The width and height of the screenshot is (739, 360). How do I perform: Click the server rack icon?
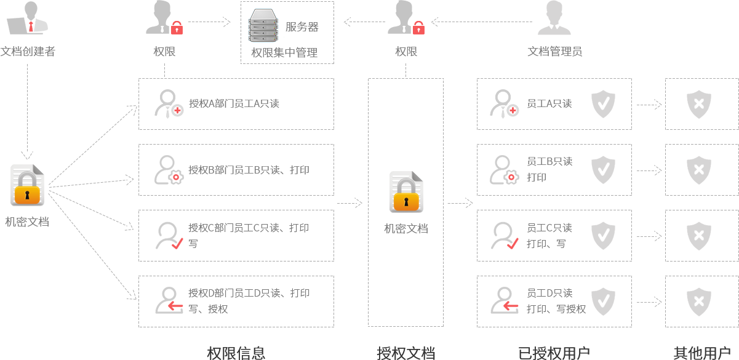[x=266, y=25]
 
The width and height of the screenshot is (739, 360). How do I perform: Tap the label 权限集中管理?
[x=284, y=52]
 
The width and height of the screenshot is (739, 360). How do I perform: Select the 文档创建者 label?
[x=28, y=52]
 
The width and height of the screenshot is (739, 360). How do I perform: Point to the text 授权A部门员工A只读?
[x=234, y=103]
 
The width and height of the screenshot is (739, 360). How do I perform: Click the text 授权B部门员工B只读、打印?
[x=249, y=169]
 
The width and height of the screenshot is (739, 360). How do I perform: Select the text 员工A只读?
[x=549, y=103]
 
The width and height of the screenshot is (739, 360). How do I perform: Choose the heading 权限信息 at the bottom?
[x=236, y=353]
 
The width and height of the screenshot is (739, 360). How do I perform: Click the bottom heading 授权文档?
[x=405, y=353]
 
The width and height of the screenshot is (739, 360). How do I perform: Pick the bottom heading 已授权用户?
[x=554, y=353]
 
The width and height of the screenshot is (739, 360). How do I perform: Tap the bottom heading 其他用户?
[x=701, y=353]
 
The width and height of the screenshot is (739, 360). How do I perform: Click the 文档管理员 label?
[x=554, y=52]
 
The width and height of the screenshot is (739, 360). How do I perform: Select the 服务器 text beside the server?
[x=302, y=27]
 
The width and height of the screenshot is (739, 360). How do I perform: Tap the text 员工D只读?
[x=549, y=293]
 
